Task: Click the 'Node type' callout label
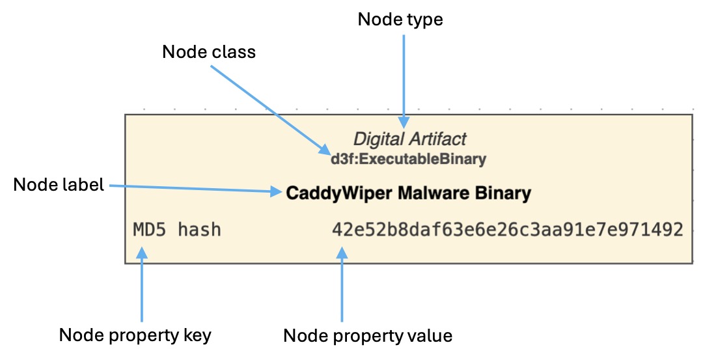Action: pyautogui.click(x=400, y=20)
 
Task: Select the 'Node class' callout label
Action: pyautogui.click(x=209, y=52)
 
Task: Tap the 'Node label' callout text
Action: pyautogui.click(x=59, y=185)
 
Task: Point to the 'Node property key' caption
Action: pyautogui.click(x=135, y=335)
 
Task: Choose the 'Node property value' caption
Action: pyautogui.click(x=368, y=335)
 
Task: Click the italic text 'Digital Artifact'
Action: pyautogui.click(x=409, y=139)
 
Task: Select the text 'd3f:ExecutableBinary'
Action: pyautogui.click(x=408, y=158)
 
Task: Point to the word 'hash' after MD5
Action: pyautogui.click(x=199, y=229)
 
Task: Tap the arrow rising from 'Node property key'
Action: pyautogui.click(x=142, y=286)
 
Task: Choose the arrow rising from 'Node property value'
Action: pyautogui.click(x=342, y=286)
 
